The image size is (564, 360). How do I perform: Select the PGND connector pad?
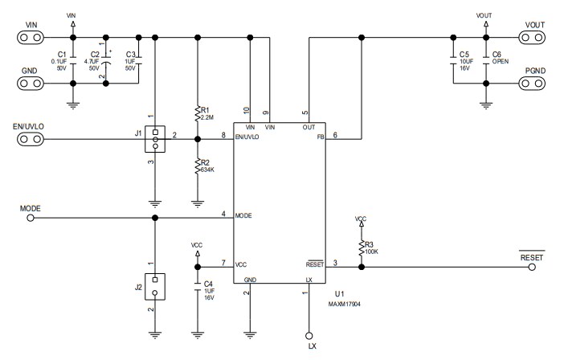(534, 82)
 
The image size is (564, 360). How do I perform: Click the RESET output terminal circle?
(532, 268)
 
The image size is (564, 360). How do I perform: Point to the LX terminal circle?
(308, 333)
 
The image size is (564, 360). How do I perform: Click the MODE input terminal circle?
(31, 217)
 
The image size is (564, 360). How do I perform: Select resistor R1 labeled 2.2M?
(198, 113)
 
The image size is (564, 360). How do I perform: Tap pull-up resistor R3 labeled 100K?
(362, 247)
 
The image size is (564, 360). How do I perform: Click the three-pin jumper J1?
(155, 140)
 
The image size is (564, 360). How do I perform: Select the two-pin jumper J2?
(155, 285)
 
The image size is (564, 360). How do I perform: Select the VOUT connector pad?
(534, 37)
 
